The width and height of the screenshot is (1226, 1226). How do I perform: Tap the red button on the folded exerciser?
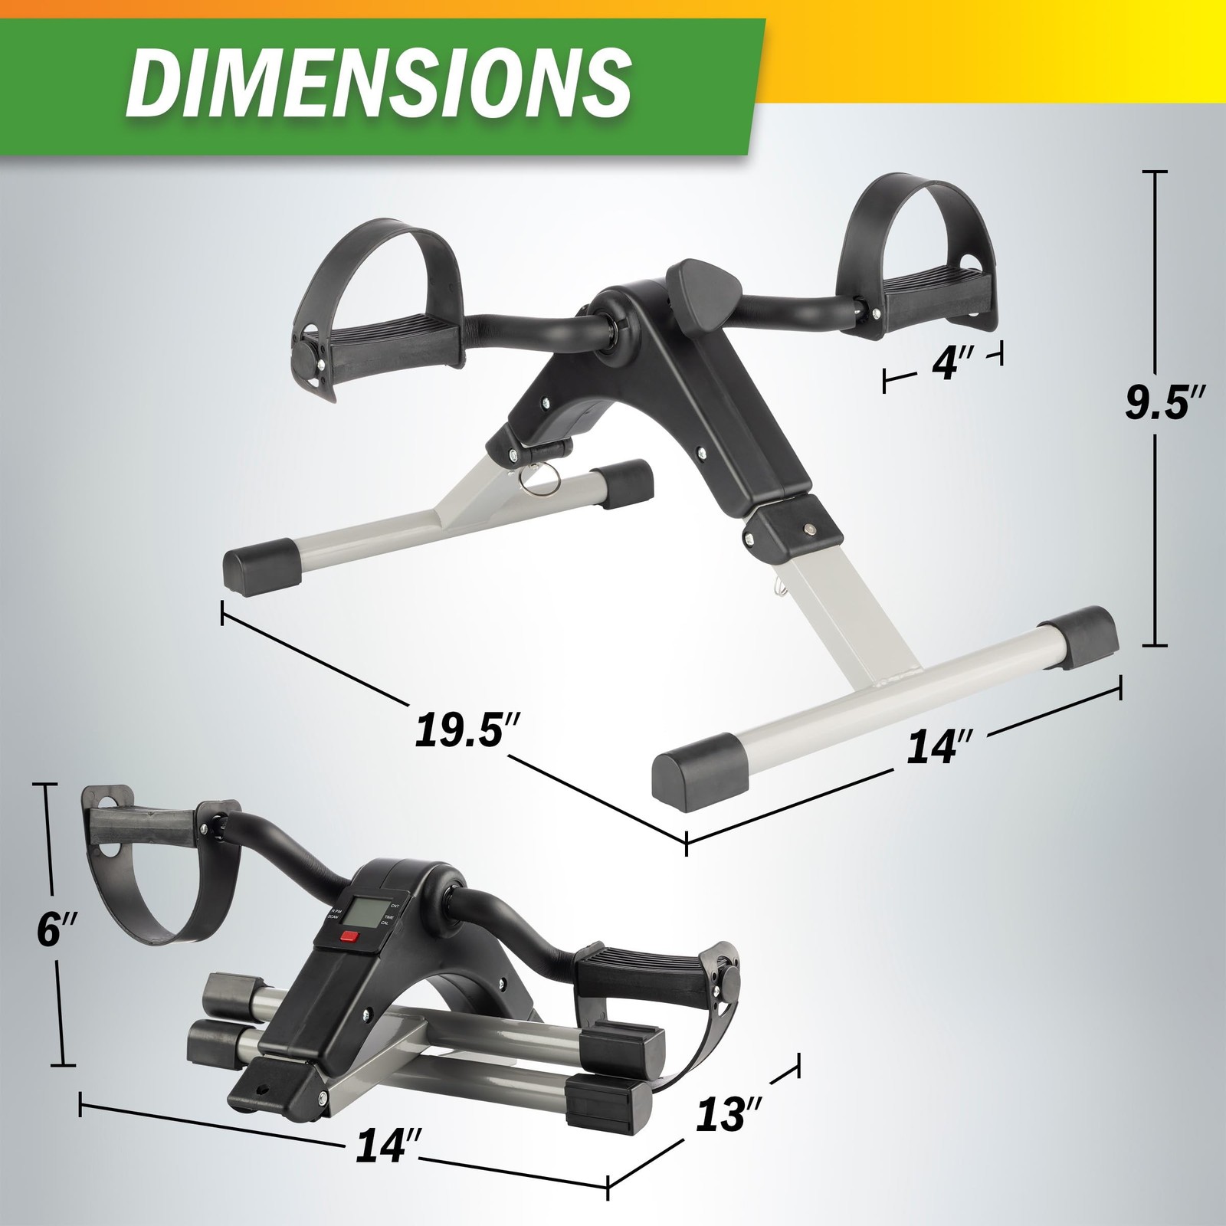coord(350,936)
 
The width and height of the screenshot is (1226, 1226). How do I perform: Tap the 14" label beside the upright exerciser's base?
coord(939,746)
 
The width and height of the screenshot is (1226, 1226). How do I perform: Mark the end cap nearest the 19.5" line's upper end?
coord(258,562)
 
